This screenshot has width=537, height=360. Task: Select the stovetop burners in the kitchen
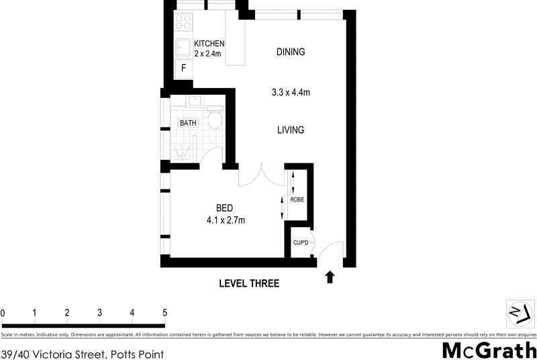[x=183, y=23]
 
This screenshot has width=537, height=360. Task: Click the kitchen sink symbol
[x=183, y=47]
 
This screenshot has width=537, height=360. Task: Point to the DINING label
[x=291, y=52]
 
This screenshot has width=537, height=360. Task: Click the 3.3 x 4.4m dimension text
[x=291, y=93]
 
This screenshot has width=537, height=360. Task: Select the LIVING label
[x=291, y=130]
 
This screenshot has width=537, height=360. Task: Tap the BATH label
[x=187, y=123]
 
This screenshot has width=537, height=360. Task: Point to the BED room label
[x=224, y=208]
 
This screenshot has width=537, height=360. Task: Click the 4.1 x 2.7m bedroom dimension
[x=226, y=220]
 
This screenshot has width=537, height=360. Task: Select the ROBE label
[x=297, y=199]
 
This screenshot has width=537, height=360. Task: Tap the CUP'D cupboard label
[x=300, y=242]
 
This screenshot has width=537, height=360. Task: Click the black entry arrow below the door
[x=330, y=277]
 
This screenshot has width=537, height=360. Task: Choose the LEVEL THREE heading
[x=249, y=283]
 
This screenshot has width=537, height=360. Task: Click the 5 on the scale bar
[x=164, y=312]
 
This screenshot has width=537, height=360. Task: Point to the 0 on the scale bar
[x=3, y=312]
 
